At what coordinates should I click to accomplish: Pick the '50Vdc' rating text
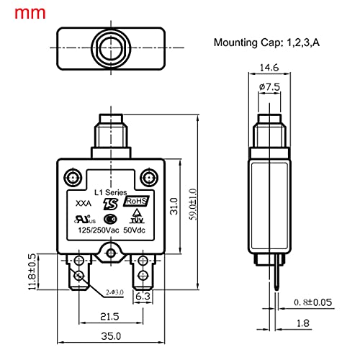138,230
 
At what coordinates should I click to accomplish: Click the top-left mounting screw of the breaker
71,177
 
